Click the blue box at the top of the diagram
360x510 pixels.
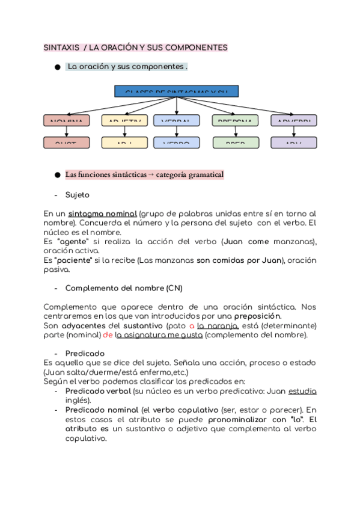[x=176, y=91]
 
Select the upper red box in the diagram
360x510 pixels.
[x=66, y=120]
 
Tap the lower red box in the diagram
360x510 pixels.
[x=66, y=143]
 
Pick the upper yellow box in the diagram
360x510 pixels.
[x=125, y=120]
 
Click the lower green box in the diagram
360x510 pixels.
[x=235, y=143]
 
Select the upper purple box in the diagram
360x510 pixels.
[x=294, y=120]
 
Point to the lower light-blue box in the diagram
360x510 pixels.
[x=176, y=143]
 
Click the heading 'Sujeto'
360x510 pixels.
[x=77, y=195]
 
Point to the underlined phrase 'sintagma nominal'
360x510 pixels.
[x=102, y=214]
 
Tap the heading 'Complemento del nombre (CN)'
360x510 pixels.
[x=119, y=287]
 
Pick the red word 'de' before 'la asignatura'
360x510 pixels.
[x=108, y=335]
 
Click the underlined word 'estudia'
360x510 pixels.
[x=302, y=391]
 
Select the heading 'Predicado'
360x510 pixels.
[x=85, y=353]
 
